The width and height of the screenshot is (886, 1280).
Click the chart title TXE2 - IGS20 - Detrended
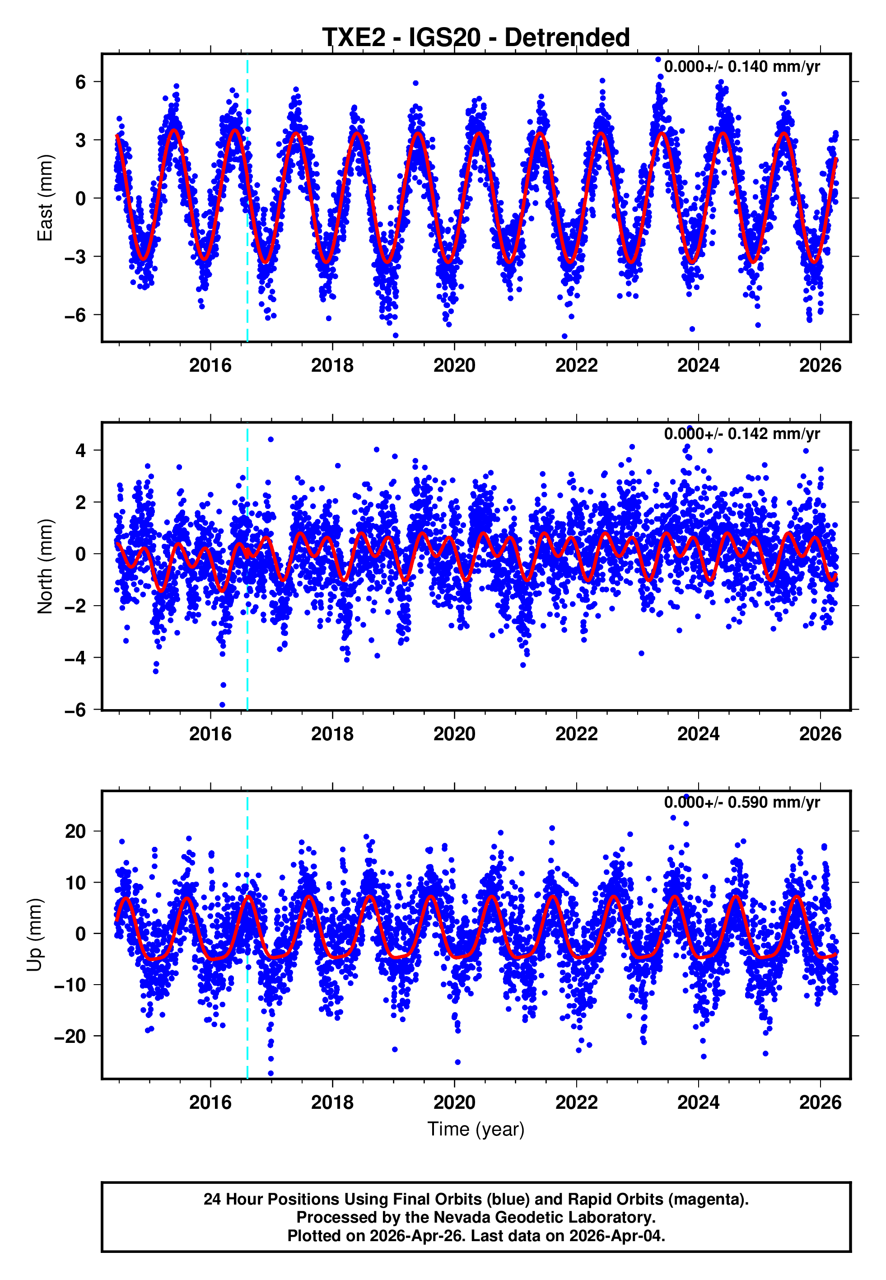coord(476,38)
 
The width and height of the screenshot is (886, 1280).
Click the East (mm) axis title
coord(44,198)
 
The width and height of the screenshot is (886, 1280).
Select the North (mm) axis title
coord(44,566)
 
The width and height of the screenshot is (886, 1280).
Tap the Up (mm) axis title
coord(34,935)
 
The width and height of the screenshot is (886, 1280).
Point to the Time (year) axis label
coord(476,1129)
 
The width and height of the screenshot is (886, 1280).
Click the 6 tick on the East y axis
coord(81,82)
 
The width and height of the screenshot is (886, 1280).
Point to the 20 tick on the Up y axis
coord(75,832)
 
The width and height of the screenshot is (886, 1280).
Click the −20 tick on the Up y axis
coord(70,1036)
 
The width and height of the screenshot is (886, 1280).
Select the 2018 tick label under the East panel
coord(332,365)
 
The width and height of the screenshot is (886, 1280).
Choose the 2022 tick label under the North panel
coord(576,734)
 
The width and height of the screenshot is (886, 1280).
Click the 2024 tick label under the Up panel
coord(698,1102)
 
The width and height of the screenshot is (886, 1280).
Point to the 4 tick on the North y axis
coord(81,450)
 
